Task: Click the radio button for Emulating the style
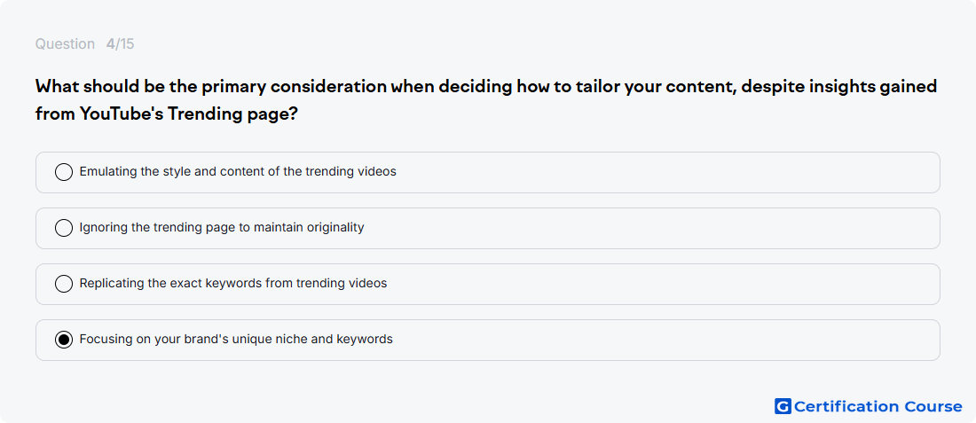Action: pyautogui.click(x=64, y=172)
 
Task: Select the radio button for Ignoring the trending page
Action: pyautogui.click(x=64, y=228)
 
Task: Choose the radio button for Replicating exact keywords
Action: pyautogui.click(x=64, y=284)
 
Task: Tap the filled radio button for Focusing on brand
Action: pyautogui.click(x=64, y=340)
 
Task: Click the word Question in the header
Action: pyautogui.click(x=65, y=44)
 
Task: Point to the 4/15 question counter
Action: pyautogui.click(x=120, y=44)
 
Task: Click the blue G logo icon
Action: pyautogui.click(x=783, y=406)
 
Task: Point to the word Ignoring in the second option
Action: pyautogui.click(x=104, y=228)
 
